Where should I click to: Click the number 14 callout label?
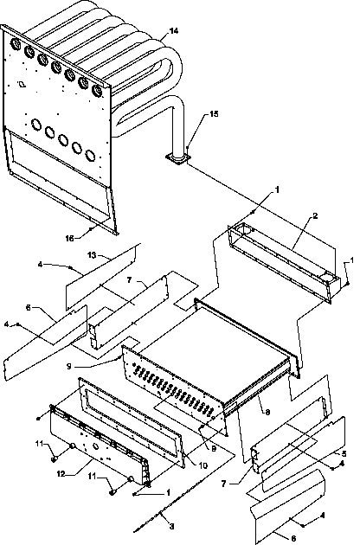click(x=174, y=31)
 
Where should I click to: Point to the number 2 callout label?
click(x=291, y=215)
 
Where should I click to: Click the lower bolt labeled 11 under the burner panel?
click(x=113, y=488)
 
